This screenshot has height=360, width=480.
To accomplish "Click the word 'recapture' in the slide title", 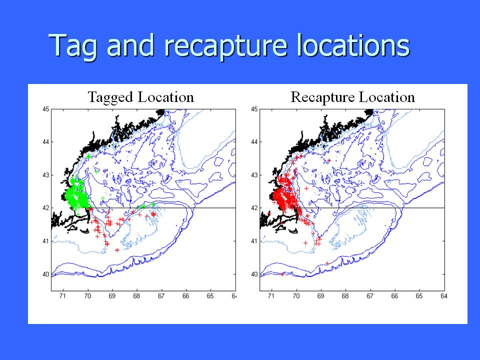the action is click(x=225, y=46).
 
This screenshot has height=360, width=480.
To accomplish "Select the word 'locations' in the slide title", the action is click(x=353, y=45).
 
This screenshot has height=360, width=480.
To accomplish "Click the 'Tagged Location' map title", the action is click(x=141, y=97).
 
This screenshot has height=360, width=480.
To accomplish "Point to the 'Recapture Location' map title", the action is click(x=352, y=97).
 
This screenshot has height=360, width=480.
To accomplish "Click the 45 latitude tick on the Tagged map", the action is click(x=45, y=109).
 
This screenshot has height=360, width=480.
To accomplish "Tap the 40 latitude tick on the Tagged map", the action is click(x=45, y=274).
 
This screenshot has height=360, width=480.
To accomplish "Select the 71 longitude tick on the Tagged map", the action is click(x=63, y=296).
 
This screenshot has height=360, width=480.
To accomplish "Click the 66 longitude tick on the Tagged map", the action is click(x=186, y=296).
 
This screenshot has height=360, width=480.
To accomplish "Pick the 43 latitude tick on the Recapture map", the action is click(x=254, y=175).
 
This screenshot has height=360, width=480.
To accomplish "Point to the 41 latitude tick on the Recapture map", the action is click(x=254, y=241).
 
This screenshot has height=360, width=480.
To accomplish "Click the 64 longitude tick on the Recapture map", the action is click(x=444, y=296).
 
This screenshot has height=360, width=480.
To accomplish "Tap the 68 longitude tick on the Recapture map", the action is click(x=345, y=296).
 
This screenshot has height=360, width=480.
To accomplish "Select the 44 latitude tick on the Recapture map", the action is click(x=254, y=142).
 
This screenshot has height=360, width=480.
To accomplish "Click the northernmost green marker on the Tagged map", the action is click(x=89, y=156).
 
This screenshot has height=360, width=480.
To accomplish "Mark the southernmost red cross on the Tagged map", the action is click(x=117, y=250).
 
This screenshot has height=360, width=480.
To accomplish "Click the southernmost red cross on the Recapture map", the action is click(x=282, y=274).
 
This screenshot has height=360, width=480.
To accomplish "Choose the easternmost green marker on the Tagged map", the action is click(x=153, y=204).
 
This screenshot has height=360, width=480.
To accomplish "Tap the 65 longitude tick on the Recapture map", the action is click(x=419, y=296).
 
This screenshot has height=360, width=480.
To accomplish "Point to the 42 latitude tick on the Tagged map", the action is click(x=45, y=208).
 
